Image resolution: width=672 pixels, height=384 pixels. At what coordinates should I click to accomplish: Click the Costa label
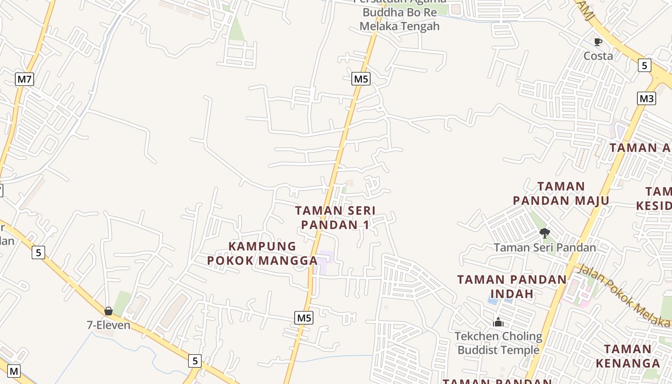(598, 56)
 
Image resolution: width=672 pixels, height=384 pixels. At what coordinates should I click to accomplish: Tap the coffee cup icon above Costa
(598, 42)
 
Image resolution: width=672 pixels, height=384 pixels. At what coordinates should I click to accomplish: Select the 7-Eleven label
(108, 325)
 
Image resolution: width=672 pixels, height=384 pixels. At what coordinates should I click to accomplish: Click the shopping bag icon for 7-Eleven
(108, 312)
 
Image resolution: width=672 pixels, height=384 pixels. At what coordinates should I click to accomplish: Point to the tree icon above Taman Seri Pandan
(544, 233)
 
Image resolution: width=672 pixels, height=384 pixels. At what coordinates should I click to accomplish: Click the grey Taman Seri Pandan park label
(545, 248)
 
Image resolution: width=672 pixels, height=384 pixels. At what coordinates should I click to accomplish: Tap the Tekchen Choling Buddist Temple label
(498, 343)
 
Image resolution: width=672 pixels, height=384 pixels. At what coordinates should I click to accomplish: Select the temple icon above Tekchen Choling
(498, 322)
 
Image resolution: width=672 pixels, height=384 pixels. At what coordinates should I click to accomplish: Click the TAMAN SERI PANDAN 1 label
(335, 217)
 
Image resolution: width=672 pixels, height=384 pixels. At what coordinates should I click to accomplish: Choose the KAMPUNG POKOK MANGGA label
(262, 253)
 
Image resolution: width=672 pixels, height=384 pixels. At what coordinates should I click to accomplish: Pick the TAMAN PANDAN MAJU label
(561, 193)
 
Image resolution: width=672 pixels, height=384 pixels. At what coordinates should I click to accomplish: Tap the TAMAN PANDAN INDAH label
(512, 287)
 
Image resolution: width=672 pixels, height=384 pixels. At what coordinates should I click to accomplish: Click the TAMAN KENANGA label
(628, 356)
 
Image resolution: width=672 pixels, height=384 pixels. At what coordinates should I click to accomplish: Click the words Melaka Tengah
(399, 26)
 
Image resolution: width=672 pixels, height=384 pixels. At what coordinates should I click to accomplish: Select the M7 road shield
(24, 79)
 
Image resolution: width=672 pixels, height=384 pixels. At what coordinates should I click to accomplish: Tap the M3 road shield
(646, 99)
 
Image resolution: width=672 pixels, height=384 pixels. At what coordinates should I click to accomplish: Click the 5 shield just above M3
(645, 65)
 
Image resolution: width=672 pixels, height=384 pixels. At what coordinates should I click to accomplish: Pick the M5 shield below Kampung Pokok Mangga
(304, 318)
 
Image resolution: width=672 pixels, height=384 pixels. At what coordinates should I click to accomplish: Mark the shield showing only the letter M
(14, 371)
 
